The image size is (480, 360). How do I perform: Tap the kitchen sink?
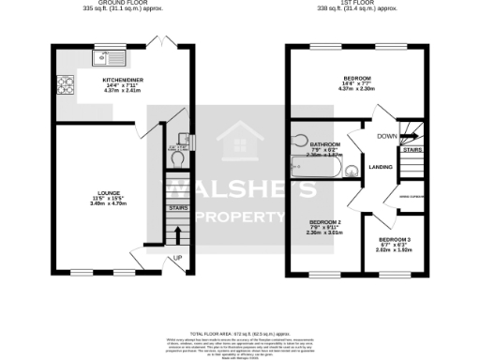tap(102, 57)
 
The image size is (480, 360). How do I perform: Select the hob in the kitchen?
tap(66, 85)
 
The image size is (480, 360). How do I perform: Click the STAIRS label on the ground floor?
tap(176, 208)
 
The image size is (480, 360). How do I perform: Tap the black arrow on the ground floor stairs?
tap(176, 232)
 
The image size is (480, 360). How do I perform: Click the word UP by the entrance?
tap(176, 258)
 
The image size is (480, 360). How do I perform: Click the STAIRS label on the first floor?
tap(411, 148)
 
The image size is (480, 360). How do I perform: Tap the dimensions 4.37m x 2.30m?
tap(356, 88)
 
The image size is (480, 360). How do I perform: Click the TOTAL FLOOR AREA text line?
tap(240, 334)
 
